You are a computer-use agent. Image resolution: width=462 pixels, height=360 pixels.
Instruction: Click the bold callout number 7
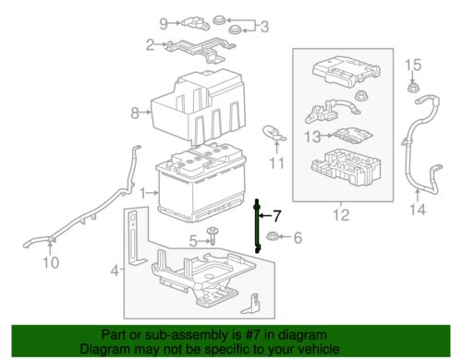point(277,216)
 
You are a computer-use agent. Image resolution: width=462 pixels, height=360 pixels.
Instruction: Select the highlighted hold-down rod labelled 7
point(257,226)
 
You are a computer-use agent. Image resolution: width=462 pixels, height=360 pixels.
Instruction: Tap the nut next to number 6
point(273,236)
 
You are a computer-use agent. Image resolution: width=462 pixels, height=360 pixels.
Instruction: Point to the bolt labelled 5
point(213,235)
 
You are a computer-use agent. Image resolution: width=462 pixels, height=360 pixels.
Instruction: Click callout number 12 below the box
point(341,215)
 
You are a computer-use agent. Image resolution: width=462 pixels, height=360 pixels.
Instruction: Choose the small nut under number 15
point(412,88)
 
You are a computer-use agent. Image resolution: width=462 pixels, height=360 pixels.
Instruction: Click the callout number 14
point(418,210)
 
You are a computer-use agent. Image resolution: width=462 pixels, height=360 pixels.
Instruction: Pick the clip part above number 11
point(274,134)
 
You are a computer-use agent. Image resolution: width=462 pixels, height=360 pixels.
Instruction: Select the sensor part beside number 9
point(196,23)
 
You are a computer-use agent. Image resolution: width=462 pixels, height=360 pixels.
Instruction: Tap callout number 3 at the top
point(264,27)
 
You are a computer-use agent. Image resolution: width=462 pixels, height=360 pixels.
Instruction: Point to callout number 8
point(135,113)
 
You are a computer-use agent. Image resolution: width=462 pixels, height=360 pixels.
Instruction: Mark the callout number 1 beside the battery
point(142,194)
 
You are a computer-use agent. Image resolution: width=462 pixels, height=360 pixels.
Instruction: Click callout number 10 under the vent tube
point(51,262)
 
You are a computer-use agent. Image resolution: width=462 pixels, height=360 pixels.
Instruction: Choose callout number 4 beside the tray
point(115,271)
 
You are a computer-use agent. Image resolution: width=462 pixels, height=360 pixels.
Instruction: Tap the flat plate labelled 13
point(353,136)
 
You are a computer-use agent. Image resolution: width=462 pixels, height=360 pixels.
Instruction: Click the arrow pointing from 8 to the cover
point(145,113)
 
